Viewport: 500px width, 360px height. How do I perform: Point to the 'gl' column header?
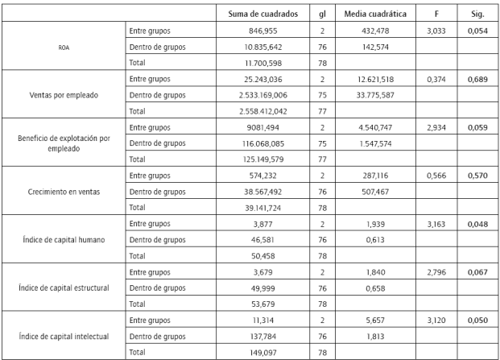coord(321,14)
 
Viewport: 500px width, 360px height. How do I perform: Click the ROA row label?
coord(63,46)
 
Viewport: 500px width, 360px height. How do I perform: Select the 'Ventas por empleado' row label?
coord(63,94)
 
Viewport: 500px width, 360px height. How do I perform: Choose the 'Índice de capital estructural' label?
coord(63,288)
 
